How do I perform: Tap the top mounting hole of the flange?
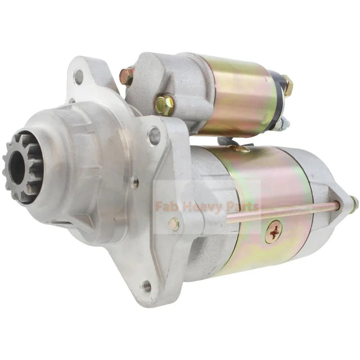point(79,76)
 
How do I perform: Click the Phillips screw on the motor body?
point(273,231)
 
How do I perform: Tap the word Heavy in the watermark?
point(201,206)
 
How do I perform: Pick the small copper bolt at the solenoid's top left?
point(127,76)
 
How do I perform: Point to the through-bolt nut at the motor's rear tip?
point(353,205)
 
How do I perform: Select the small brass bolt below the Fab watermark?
point(174,224)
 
